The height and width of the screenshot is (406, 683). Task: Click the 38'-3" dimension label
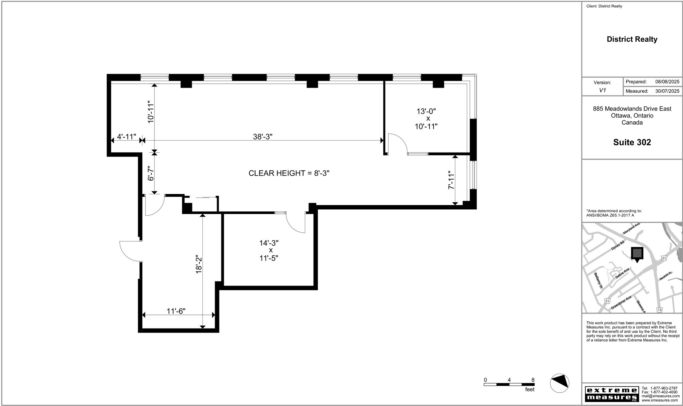click(x=263, y=137)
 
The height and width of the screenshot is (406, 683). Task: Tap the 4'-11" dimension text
click(x=126, y=137)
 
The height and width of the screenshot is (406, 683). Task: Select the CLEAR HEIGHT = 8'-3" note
click(x=289, y=173)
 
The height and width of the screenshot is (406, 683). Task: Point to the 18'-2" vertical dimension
click(x=199, y=265)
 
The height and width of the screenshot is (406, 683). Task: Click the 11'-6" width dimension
click(x=176, y=311)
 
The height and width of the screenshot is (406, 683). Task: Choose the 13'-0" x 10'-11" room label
click(x=426, y=119)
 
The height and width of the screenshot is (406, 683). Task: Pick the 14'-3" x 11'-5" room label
click(x=269, y=250)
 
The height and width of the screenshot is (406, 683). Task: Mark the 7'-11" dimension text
click(x=451, y=180)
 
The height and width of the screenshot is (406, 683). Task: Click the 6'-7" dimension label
click(x=151, y=173)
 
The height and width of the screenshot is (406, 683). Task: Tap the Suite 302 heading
click(x=632, y=142)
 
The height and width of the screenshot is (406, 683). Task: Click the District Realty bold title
click(x=632, y=39)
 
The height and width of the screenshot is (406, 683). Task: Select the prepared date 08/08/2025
click(x=667, y=82)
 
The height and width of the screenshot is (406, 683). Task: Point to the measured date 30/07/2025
click(x=667, y=91)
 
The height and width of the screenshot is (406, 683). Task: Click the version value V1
click(x=602, y=90)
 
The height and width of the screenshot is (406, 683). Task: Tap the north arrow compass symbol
click(x=559, y=383)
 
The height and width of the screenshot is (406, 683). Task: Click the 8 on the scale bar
click(x=533, y=380)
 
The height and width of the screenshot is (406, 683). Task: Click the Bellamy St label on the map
click(x=598, y=280)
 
